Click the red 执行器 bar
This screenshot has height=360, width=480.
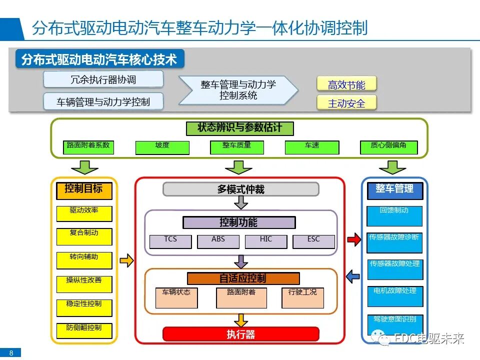point(241,334)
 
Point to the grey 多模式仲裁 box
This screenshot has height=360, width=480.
point(241,189)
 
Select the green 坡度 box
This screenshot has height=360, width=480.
point(162,147)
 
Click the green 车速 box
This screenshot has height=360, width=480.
point(312,147)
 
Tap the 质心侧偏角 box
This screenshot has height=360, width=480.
point(388,147)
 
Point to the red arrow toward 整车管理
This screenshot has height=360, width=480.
point(353,240)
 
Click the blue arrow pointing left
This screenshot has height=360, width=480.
point(353,275)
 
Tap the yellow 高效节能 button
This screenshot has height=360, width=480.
point(346,84)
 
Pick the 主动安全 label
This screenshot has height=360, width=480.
point(346,103)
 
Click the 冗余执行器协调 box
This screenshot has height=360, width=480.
point(103,79)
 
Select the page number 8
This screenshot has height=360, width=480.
point(11,353)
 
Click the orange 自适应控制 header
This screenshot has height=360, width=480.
point(243,278)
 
